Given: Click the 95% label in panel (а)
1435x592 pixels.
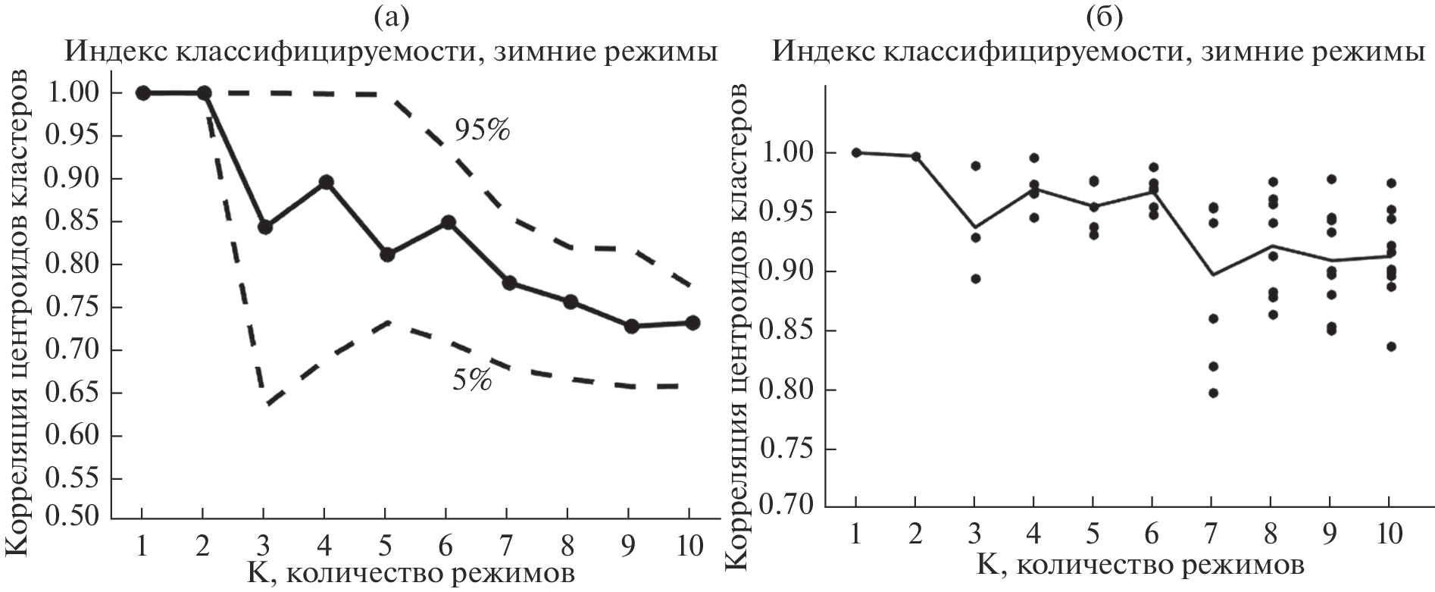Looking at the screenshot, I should coord(482,130).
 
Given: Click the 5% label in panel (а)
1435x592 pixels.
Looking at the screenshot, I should coord(471,381).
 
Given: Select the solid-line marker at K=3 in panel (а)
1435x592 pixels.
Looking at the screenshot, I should coord(264,227).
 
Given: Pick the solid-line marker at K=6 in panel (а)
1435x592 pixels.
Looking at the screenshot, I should coord(448,223).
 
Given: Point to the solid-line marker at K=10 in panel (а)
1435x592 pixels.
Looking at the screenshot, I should coord(692,322).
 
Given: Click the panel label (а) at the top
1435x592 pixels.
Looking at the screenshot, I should coord(392,17).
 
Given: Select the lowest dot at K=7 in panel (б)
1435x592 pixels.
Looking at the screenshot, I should coord(1213,393).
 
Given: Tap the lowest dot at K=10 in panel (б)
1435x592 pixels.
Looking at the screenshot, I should coord(1391,346).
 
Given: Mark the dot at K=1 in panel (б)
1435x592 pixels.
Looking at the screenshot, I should coord(856,152).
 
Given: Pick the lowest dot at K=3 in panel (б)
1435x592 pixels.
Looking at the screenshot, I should coord(976,279).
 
